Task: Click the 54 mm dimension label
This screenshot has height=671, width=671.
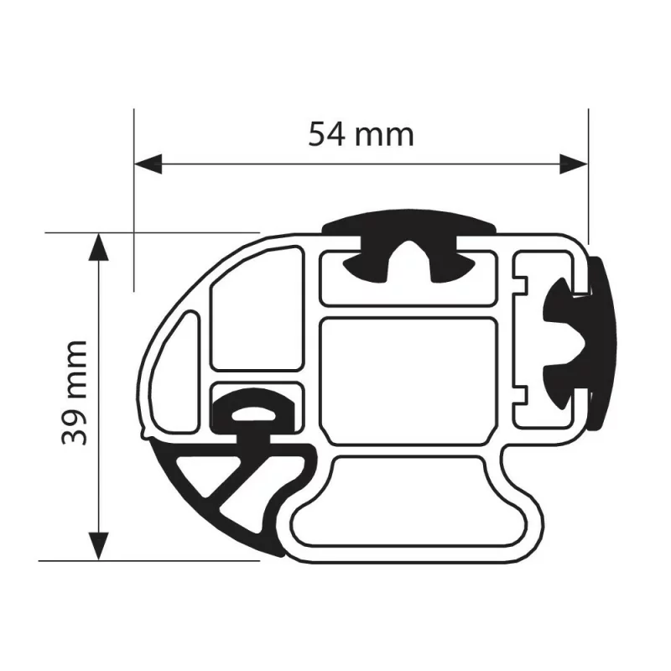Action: coord(361,134)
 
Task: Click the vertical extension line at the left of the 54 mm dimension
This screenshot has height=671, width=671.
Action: coord(133,201)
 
